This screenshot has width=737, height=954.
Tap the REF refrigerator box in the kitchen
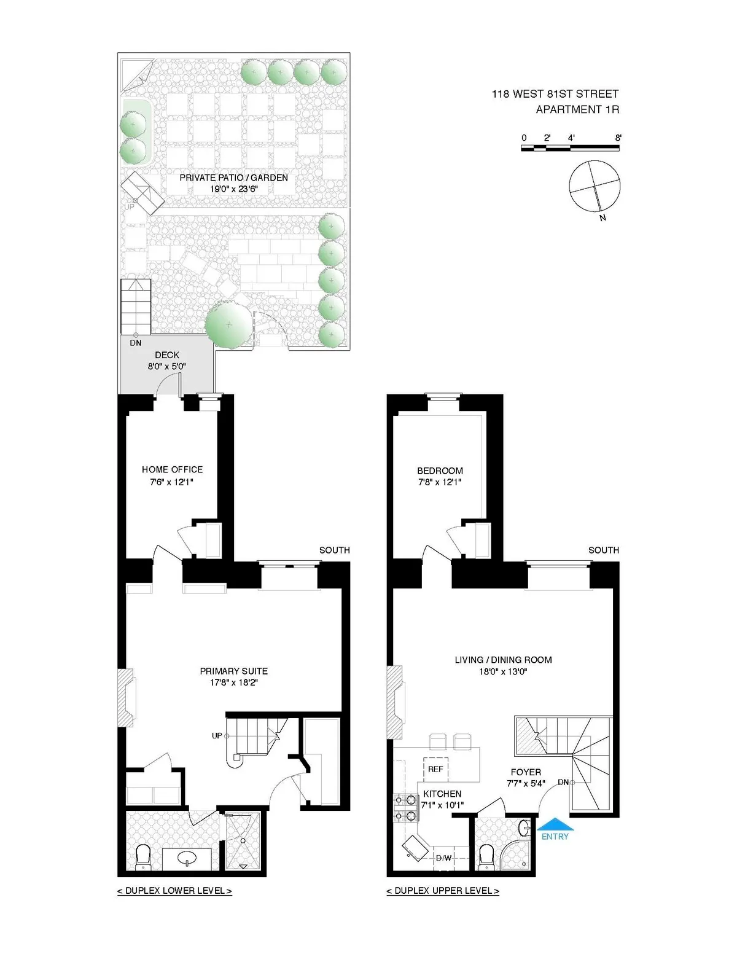point(435,769)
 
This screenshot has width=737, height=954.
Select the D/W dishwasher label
point(443,858)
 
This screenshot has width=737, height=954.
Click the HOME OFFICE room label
point(172,469)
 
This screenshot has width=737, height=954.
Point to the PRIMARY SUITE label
point(233,671)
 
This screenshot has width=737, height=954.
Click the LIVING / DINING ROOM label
point(503,660)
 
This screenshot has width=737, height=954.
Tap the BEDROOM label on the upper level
point(440,471)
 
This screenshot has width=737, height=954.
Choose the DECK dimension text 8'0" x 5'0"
point(166,367)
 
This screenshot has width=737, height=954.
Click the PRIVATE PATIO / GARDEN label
point(233,178)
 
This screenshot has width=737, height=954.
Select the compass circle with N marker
point(595,185)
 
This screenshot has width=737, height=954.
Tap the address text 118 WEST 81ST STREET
point(555,94)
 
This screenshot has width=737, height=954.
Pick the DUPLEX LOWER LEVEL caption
point(174,891)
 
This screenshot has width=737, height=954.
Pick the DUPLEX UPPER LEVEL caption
point(443,891)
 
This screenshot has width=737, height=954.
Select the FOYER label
point(526,772)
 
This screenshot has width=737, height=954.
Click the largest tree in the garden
point(228,324)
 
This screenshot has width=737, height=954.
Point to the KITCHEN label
point(442,794)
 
